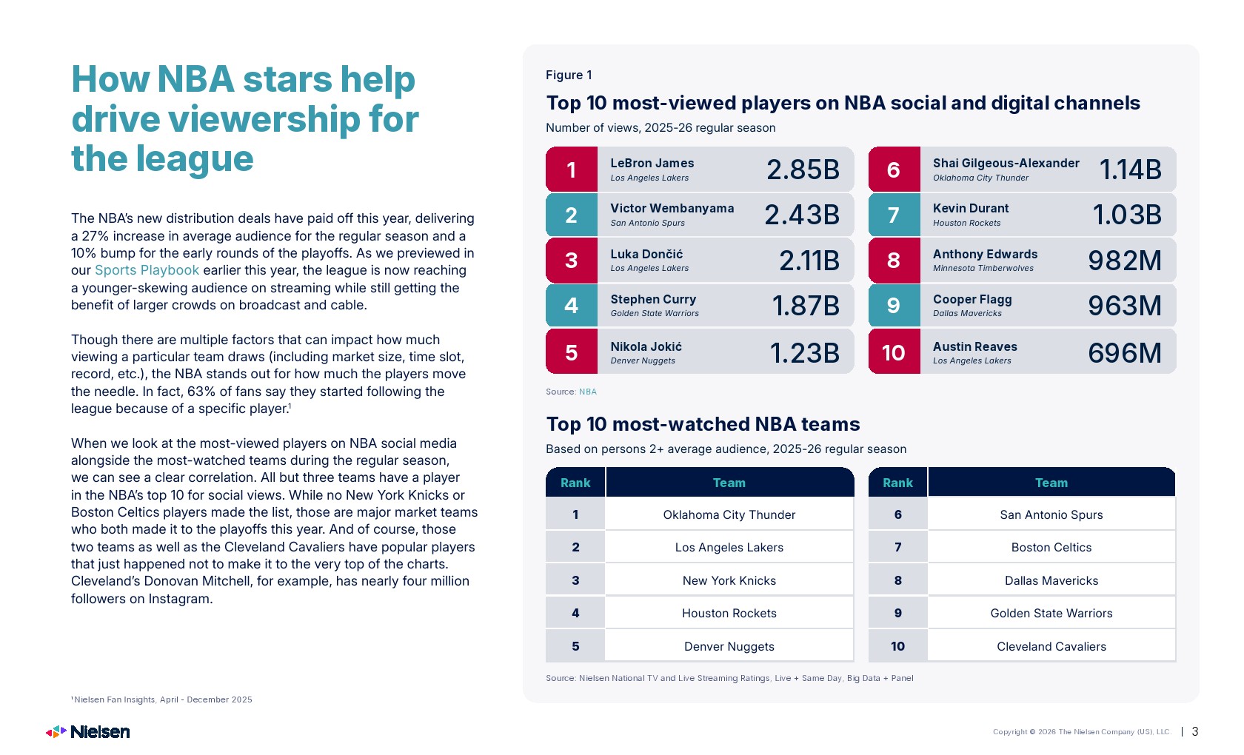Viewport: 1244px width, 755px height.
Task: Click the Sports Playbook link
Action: pyautogui.click(x=147, y=270)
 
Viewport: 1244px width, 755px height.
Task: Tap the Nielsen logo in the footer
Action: pyautogui.click(x=87, y=731)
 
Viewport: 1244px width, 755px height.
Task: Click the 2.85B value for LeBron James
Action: pyautogui.click(x=803, y=170)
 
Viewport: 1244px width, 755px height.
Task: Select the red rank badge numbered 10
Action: pyautogui.click(x=894, y=352)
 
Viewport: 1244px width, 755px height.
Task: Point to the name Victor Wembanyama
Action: pyautogui.click(x=672, y=208)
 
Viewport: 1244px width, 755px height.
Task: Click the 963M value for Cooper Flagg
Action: pyautogui.click(x=1125, y=305)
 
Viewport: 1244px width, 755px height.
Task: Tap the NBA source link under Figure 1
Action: pyautogui.click(x=588, y=392)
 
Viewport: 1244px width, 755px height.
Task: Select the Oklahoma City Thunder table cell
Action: pyautogui.click(x=729, y=514)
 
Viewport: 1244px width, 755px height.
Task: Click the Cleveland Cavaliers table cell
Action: pyautogui.click(x=1051, y=646)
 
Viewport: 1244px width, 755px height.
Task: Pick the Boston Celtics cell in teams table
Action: pyautogui.click(x=1051, y=548)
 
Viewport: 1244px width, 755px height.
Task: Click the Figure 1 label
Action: pyautogui.click(x=569, y=75)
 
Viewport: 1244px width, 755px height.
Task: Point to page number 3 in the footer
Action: pyautogui.click(x=1195, y=731)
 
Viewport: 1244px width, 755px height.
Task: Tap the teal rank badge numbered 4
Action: pyautogui.click(x=572, y=305)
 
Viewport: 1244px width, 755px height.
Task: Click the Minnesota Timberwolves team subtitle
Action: pyautogui.click(x=983, y=268)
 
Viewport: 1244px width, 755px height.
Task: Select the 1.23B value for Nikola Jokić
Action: pyautogui.click(x=804, y=352)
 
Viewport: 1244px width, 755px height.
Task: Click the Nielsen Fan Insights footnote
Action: pyautogui.click(x=161, y=699)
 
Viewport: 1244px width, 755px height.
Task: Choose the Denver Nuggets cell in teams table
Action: pyautogui.click(x=729, y=646)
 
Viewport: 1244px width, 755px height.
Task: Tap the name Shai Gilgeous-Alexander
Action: pyautogui.click(x=1006, y=163)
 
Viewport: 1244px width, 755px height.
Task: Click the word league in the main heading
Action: pyautogui.click(x=194, y=159)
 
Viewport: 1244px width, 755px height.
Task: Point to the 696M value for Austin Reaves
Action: pyautogui.click(x=1125, y=352)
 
